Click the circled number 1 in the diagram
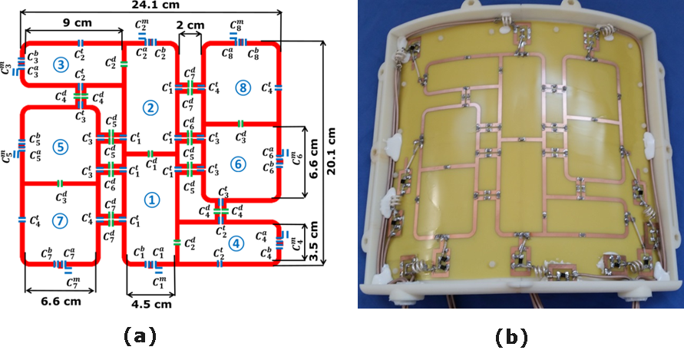pos(152,200)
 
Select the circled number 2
pos(150,108)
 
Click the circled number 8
pos(243,88)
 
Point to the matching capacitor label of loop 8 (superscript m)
pos(237,28)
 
